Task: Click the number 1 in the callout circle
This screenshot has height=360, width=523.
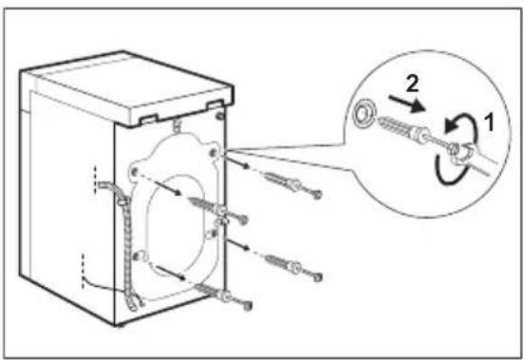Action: [x=489, y=122]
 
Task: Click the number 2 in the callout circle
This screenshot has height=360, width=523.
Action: [x=412, y=84]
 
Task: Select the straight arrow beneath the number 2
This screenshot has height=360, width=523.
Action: [x=407, y=104]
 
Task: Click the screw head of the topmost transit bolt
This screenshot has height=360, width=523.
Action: [x=317, y=194]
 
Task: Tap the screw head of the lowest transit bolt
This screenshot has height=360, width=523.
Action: [x=247, y=305]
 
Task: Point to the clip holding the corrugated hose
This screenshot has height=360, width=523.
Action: [x=121, y=201]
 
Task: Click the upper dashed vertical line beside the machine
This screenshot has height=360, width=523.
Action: [x=95, y=180]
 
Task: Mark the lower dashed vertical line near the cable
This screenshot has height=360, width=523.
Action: [x=83, y=271]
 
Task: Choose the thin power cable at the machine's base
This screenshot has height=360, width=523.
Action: [x=100, y=285]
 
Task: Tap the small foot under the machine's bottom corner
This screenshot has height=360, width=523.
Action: [x=119, y=326]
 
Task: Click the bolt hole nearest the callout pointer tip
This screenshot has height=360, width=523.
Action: [x=213, y=153]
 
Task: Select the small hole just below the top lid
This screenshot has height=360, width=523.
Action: [x=220, y=117]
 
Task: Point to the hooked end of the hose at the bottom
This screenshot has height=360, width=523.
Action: [x=134, y=304]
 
